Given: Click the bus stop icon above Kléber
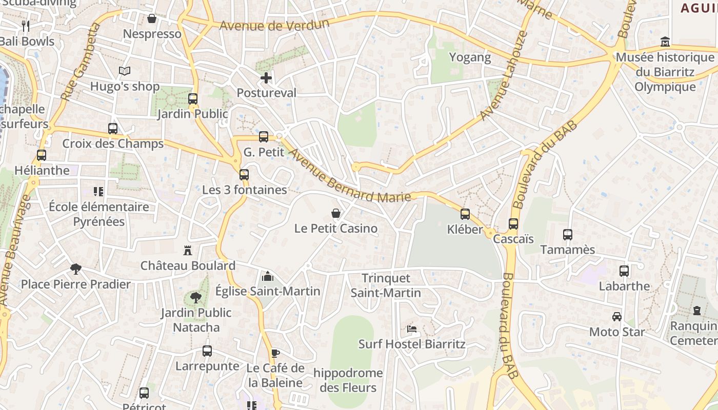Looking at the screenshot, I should tap(465, 214).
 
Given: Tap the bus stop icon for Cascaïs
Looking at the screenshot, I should tap(513, 224).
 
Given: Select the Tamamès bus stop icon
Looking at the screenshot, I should tap(568, 235).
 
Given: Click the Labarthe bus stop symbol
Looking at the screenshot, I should tap(624, 271).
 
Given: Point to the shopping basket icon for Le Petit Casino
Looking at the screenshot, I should tap(336, 213).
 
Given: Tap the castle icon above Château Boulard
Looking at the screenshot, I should tap(188, 251).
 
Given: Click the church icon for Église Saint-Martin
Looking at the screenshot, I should tap(267, 276).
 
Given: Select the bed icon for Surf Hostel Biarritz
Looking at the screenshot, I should tap(412, 329).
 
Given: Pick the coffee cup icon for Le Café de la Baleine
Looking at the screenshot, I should tap(275, 353).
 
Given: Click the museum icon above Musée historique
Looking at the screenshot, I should tap(665, 42).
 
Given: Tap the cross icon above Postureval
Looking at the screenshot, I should tap(266, 78).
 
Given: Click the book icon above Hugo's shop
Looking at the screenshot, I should tap(125, 71).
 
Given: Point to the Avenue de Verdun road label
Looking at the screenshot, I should tap(274, 25).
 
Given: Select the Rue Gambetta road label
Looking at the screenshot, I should tap(79, 61).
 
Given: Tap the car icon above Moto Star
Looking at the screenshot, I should tap(617, 317).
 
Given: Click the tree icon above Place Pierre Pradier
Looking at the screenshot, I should tap(76, 269).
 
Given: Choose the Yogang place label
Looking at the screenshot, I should tap(470, 57).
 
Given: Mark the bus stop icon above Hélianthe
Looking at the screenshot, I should tap(42, 155).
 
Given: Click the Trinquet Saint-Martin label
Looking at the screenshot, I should tap(386, 285).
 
